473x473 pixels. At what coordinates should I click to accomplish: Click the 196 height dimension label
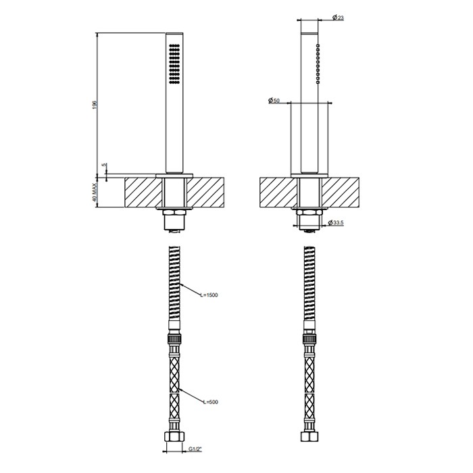click(x=95, y=105)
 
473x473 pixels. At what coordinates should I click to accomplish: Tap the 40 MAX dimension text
click(x=95, y=192)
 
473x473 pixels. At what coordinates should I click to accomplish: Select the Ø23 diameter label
click(x=338, y=18)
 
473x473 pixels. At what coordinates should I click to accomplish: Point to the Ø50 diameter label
click(x=274, y=101)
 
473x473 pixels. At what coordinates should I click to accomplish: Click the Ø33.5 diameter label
click(x=336, y=223)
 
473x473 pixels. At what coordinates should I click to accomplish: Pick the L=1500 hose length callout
click(x=209, y=295)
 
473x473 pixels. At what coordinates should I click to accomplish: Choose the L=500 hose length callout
click(x=211, y=402)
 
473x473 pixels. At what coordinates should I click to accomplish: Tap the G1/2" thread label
click(x=195, y=449)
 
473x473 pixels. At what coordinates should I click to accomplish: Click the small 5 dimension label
click(x=104, y=165)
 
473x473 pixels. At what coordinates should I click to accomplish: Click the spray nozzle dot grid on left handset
click(x=174, y=64)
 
